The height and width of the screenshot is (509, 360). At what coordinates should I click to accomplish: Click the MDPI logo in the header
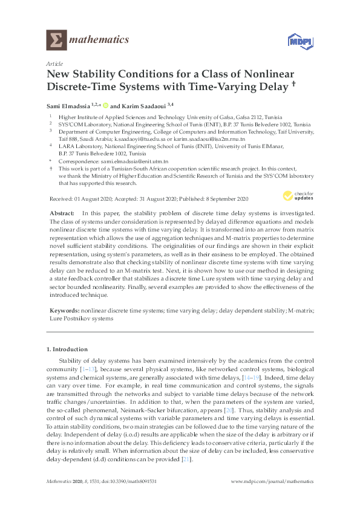pyautogui.click(x=294, y=41)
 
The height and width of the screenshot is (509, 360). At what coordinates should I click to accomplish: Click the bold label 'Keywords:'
pyautogui.click(x=64, y=309)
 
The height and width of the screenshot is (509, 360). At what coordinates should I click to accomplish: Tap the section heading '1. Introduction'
pyautogui.click(x=67, y=349)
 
